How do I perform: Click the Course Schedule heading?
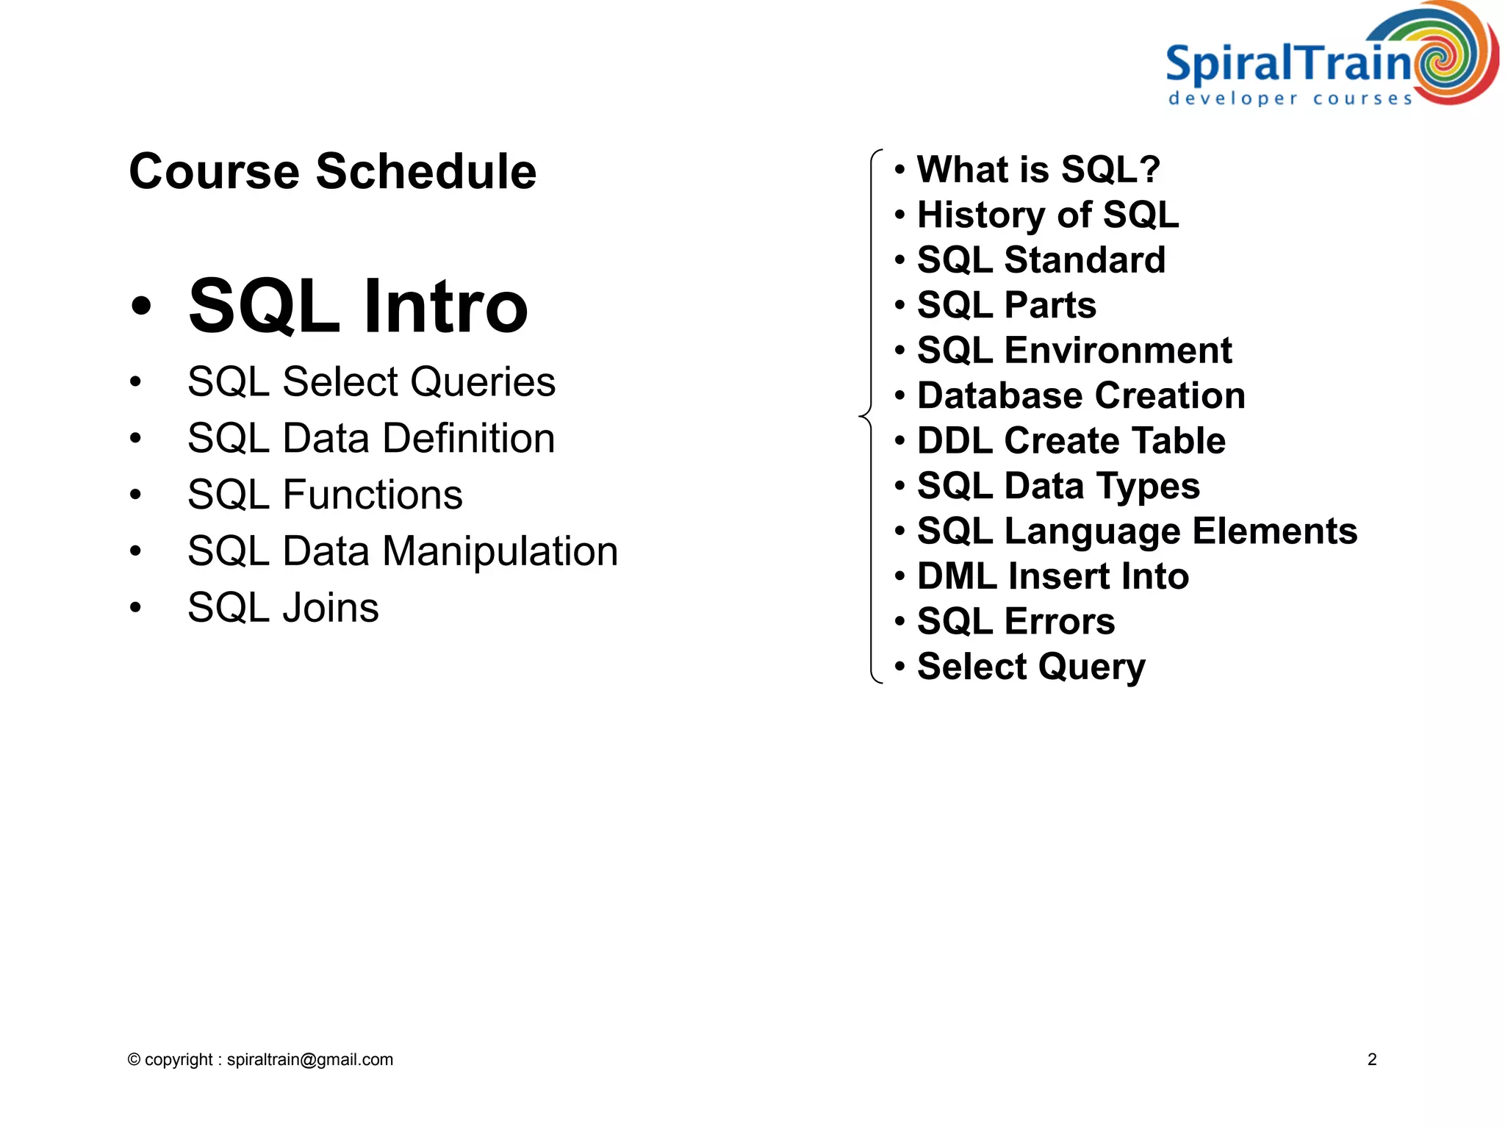click(x=332, y=171)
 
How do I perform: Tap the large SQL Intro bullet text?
click(x=358, y=306)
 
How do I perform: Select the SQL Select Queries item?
click(x=371, y=381)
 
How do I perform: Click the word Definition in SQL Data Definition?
click(x=469, y=438)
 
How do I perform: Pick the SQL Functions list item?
click(x=325, y=495)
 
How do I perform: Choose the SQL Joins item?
click(x=283, y=608)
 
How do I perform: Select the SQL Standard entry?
click(x=1041, y=260)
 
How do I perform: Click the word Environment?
click(x=1118, y=351)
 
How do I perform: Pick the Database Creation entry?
click(x=1081, y=395)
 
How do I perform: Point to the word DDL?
click(x=955, y=441)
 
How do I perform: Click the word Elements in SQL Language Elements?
click(x=1274, y=531)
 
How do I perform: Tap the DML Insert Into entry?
click(x=1052, y=576)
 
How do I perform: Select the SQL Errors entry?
click(x=1016, y=621)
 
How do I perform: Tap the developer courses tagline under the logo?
click(x=1290, y=98)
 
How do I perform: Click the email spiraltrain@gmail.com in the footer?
click(x=309, y=1059)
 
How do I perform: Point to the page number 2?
click(x=1371, y=1059)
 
